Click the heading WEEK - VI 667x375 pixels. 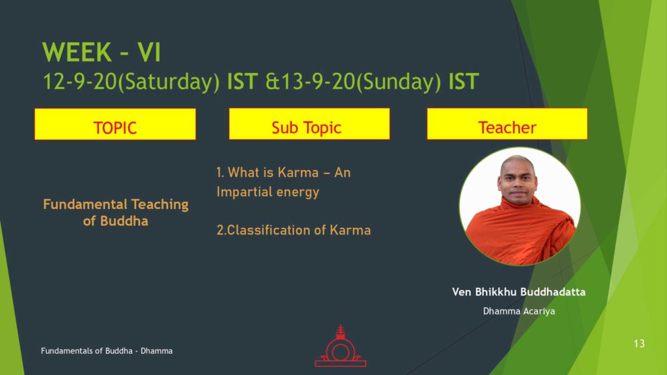(102, 52)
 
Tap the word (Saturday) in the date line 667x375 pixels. (169, 81)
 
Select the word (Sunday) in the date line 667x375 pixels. (399, 81)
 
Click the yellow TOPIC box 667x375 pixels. (115, 124)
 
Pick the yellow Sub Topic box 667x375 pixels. (309, 124)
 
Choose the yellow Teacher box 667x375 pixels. (507, 124)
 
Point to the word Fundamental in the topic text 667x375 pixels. (85, 204)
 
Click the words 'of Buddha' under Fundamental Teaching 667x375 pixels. (116, 221)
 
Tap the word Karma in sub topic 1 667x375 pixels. (298, 173)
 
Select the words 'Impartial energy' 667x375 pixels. (268, 192)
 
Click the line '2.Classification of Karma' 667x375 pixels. (294, 230)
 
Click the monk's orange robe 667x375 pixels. (520, 232)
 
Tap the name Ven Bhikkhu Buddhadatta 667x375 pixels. (519, 292)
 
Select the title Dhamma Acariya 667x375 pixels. (519, 311)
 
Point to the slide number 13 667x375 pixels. (639, 344)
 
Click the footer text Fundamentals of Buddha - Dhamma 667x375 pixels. (107, 351)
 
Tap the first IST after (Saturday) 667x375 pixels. (242, 81)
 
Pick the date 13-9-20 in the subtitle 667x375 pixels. (318, 81)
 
